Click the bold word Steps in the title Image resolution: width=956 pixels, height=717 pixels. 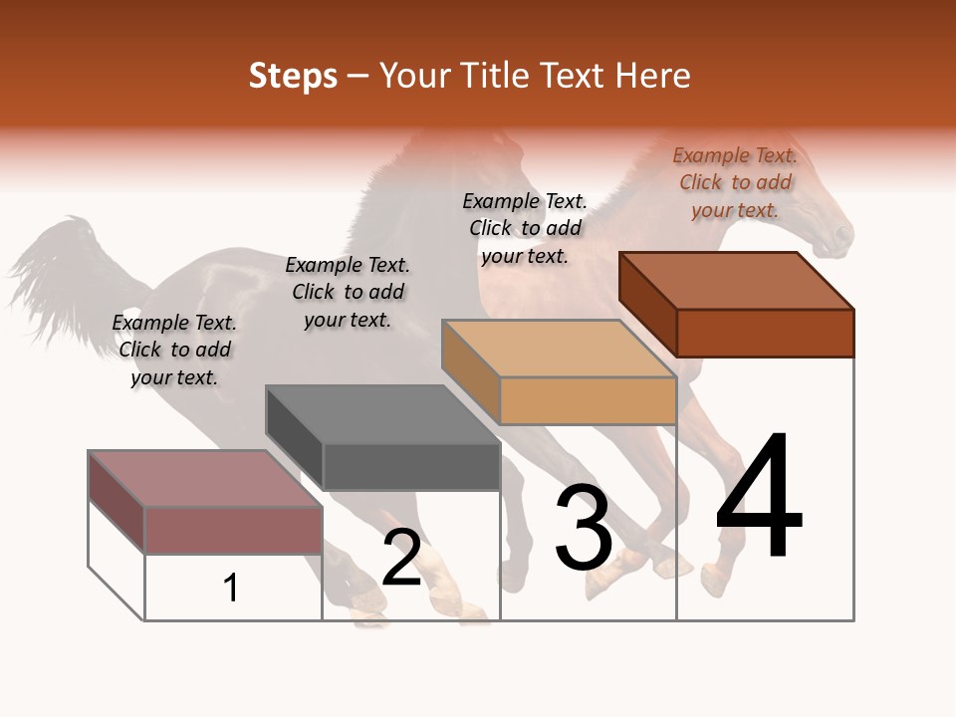[x=293, y=76]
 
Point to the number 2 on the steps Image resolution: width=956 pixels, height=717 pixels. [x=401, y=558]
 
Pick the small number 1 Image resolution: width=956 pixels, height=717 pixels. [x=231, y=589]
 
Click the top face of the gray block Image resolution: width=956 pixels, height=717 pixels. [x=382, y=414]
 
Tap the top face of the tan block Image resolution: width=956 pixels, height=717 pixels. [x=559, y=349]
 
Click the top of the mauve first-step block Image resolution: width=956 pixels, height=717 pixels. [x=205, y=479]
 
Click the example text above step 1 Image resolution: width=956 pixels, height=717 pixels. [x=174, y=350]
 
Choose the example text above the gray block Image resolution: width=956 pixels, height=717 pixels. [x=348, y=292]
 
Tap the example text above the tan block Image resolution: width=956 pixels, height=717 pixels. [x=525, y=228]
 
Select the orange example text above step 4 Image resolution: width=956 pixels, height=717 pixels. [x=735, y=182]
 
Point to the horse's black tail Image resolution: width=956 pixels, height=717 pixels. [x=60, y=269]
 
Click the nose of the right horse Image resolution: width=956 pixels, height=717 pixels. [x=843, y=236]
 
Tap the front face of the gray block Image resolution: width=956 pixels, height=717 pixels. [x=411, y=466]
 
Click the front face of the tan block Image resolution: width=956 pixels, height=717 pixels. [x=588, y=400]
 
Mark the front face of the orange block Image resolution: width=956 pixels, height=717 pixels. [x=765, y=333]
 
